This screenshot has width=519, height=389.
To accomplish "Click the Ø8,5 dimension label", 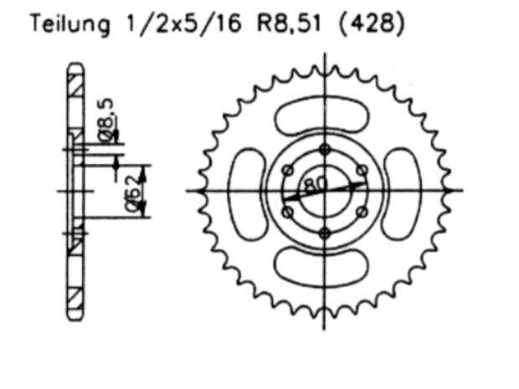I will click(107, 118).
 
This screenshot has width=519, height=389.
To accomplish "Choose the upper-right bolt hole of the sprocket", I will click(361, 171).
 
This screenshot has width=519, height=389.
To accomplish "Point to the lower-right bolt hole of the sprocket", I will click(361, 212).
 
